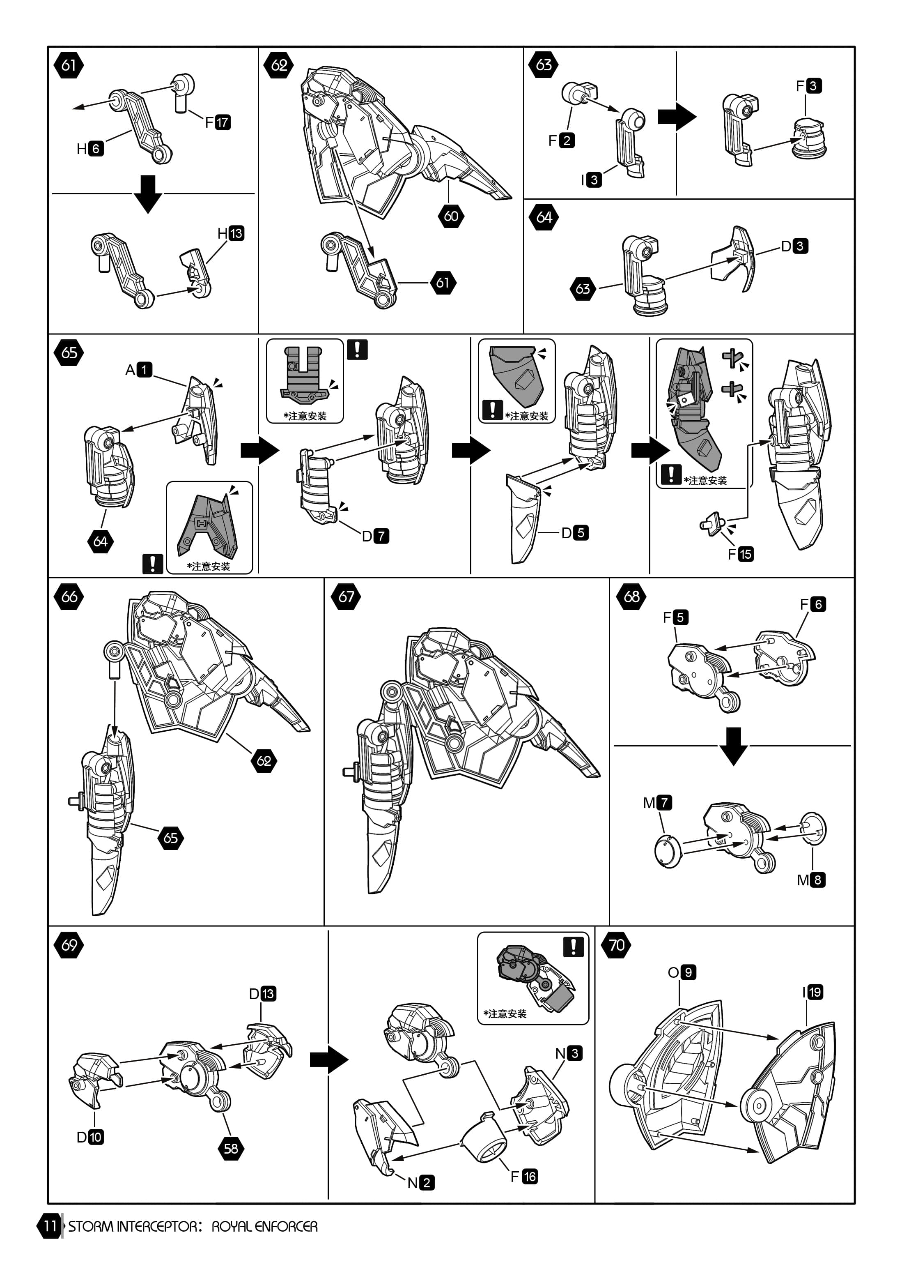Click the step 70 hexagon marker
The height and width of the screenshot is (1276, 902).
(x=617, y=945)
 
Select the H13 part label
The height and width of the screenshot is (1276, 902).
(x=230, y=233)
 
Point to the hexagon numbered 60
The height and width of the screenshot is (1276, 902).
(x=451, y=216)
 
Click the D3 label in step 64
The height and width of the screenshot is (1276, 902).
(x=794, y=246)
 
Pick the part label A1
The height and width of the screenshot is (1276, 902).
(x=139, y=370)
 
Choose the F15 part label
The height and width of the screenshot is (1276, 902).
(x=740, y=554)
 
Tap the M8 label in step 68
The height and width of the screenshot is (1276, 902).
(x=811, y=880)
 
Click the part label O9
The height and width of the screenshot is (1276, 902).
(x=682, y=972)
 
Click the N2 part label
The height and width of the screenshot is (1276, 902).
(x=421, y=1183)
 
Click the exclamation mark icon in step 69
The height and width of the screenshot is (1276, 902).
(x=573, y=947)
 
